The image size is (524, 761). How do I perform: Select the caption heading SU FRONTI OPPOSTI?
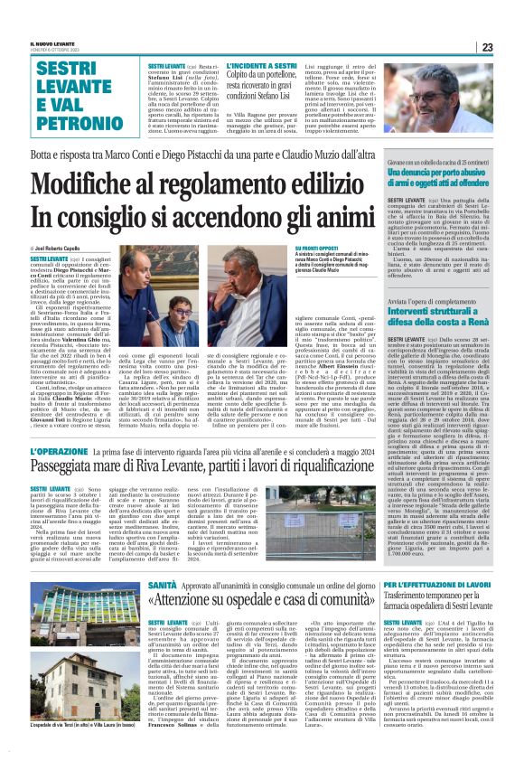click(x=315, y=248)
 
